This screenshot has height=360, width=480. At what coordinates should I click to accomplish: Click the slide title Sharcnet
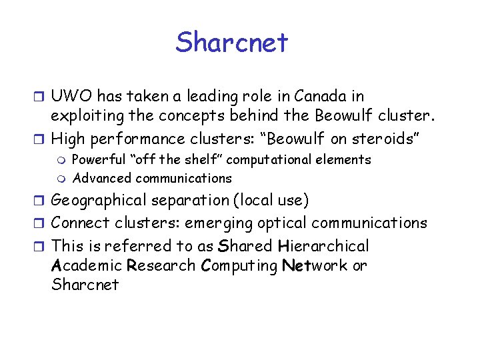(x=232, y=43)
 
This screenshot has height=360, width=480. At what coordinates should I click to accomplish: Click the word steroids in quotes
(x=387, y=139)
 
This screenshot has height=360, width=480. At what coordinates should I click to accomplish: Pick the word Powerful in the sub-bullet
(x=97, y=160)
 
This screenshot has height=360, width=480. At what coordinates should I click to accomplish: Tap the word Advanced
(x=102, y=178)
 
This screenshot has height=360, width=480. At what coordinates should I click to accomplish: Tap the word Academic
(x=87, y=265)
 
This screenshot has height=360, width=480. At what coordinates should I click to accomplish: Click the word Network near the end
(x=315, y=265)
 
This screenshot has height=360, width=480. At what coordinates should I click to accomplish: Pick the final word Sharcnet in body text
(x=85, y=285)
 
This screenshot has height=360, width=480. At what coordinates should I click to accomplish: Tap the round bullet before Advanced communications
(x=62, y=179)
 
